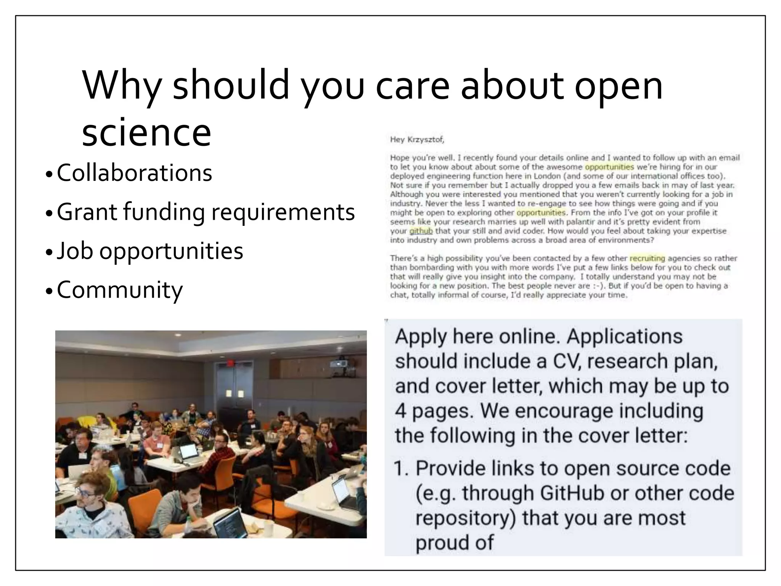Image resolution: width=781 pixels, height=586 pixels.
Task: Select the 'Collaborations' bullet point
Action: [x=134, y=173]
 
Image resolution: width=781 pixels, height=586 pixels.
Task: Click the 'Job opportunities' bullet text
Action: [x=150, y=251]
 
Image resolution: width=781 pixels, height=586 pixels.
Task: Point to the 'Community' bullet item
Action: [x=120, y=290]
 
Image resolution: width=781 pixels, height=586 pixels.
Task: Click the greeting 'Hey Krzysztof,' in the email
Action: [x=417, y=140]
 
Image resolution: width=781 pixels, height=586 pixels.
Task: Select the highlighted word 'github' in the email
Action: [x=421, y=231]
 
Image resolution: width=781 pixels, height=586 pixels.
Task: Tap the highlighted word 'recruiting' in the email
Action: [x=647, y=259]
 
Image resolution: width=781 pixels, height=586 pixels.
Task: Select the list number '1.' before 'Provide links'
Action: [x=401, y=468]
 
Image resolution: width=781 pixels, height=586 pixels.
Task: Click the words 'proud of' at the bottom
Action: [x=454, y=543]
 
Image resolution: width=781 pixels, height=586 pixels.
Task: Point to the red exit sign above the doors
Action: [x=229, y=362]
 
